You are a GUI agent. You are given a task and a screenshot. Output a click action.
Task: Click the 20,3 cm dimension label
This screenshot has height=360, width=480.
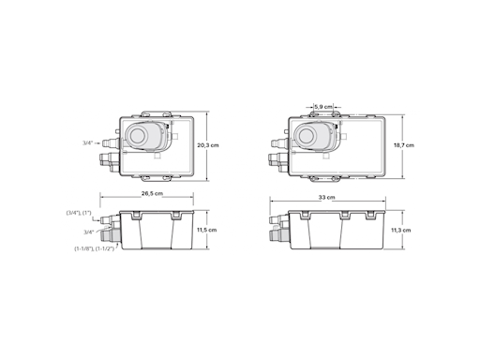(x=208, y=145)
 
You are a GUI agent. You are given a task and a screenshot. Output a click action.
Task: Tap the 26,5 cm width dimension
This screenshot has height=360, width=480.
(x=152, y=193)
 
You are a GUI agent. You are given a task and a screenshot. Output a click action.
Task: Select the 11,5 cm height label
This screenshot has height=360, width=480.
(x=206, y=230)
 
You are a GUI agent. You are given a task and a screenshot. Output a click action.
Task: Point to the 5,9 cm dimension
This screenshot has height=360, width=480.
(x=323, y=107)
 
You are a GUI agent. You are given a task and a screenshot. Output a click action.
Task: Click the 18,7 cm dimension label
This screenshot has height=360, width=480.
(x=404, y=145)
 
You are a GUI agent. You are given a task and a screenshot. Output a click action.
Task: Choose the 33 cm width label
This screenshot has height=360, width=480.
(x=327, y=198)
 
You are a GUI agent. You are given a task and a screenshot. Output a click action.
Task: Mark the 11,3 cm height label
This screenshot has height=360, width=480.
(x=401, y=231)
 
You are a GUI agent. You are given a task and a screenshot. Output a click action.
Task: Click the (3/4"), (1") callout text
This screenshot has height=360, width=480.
(x=79, y=213)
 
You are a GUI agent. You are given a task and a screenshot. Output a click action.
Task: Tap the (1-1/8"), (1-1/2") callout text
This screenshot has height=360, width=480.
(x=95, y=248)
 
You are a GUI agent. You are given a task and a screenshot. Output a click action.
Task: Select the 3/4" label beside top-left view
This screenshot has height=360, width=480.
(x=88, y=142)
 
